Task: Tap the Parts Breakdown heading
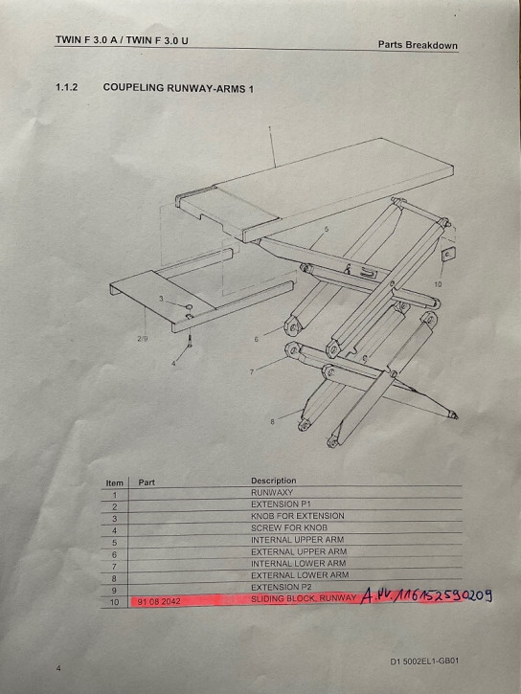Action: point(418,45)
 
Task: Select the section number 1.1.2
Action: point(69,88)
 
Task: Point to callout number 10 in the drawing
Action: point(439,284)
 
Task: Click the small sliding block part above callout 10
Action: point(445,256)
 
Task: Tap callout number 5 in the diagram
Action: point(326,230)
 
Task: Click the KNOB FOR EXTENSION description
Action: point(297,516)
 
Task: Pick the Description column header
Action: point(273,481)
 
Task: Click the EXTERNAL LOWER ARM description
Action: point(300,575)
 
